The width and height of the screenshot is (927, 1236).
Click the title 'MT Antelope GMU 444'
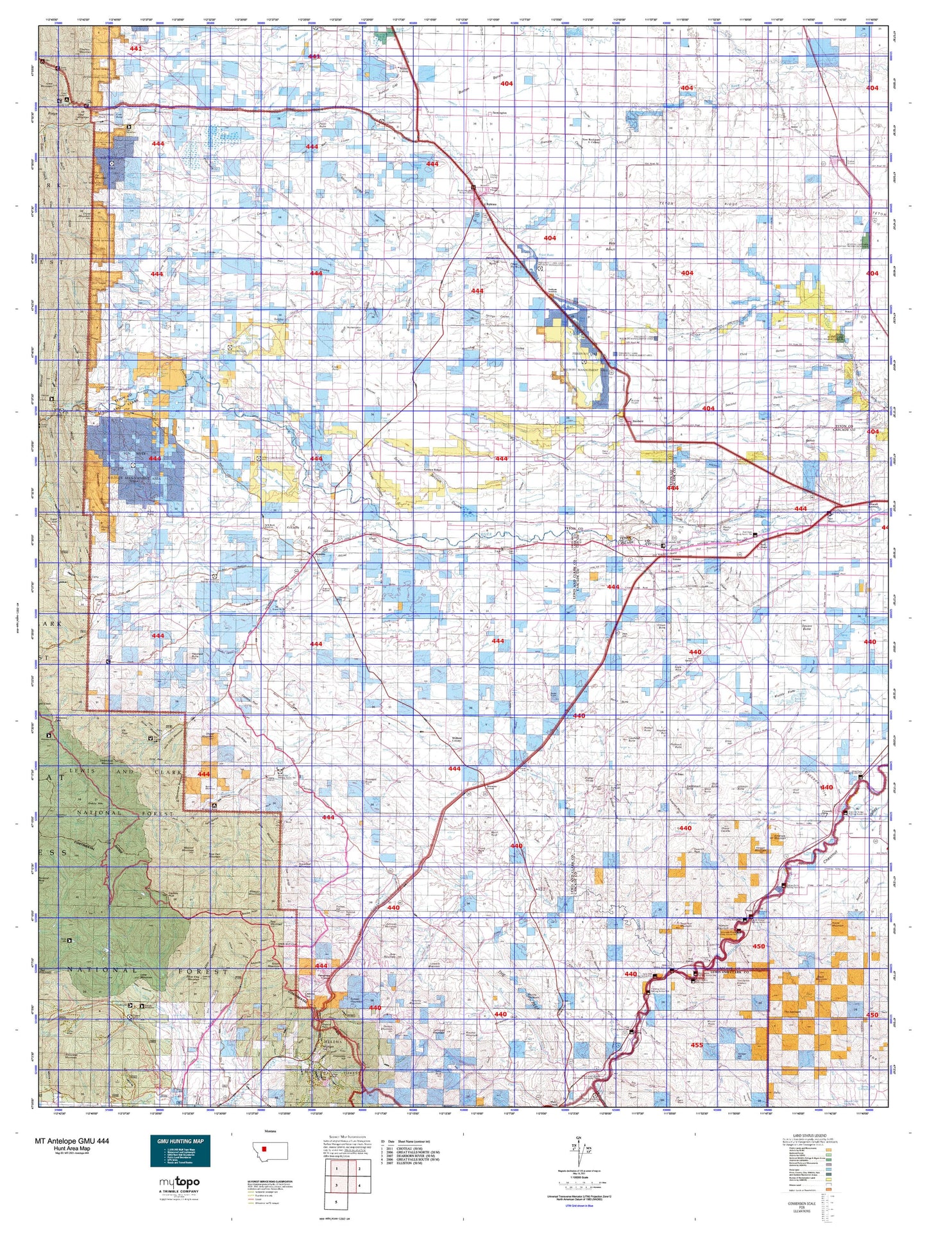pyautogui.click(x=72, y=1141)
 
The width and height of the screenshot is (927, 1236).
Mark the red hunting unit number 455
pyautogui.click(x=697, y=1046)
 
